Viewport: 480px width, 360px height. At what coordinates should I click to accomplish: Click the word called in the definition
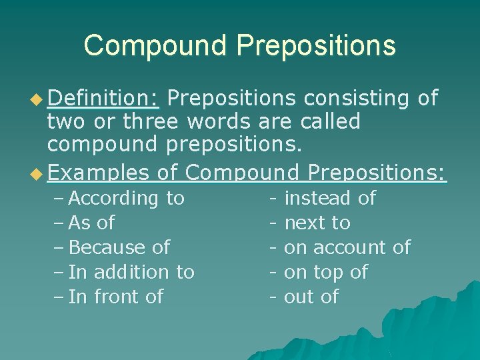(x=331, y=122)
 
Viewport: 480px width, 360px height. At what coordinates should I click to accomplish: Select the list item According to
(x=127, y=198)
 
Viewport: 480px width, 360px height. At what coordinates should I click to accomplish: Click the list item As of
(x=91, y=223)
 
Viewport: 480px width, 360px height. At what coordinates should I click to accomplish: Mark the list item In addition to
(x=131, y=272)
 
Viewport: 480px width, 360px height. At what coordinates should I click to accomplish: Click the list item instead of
(x=330, y=198)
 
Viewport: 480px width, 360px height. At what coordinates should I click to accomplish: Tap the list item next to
(x=317, y=223)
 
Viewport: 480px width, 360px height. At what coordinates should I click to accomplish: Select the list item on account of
(x=347, y=247)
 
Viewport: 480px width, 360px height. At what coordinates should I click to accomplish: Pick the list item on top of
(x=326, y=272)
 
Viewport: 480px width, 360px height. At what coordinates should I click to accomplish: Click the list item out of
(x=311, y=297)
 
